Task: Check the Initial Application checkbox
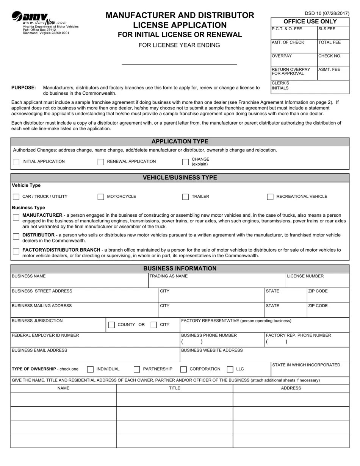[x=16, y=162]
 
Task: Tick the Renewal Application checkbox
[x=101, y=162]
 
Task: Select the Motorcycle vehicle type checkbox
[x=101, y=197]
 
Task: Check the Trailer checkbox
[x=185, y=197]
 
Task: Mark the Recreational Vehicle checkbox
[x=270, y=197]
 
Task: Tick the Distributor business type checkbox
[x=16, y=236]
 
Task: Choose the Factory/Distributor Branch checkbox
[x=16, y=251]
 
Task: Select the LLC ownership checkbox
[x=230, y=369]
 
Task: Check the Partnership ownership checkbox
[x=137, y=369]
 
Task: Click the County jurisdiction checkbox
[x=111, y=325]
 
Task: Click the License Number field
[x=317, y=283]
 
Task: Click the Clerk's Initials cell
[x=310, y=87]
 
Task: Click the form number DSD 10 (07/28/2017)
[x=327, y=13]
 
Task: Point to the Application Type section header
[x=180, y=142]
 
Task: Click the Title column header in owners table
[x=175, y=388]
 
